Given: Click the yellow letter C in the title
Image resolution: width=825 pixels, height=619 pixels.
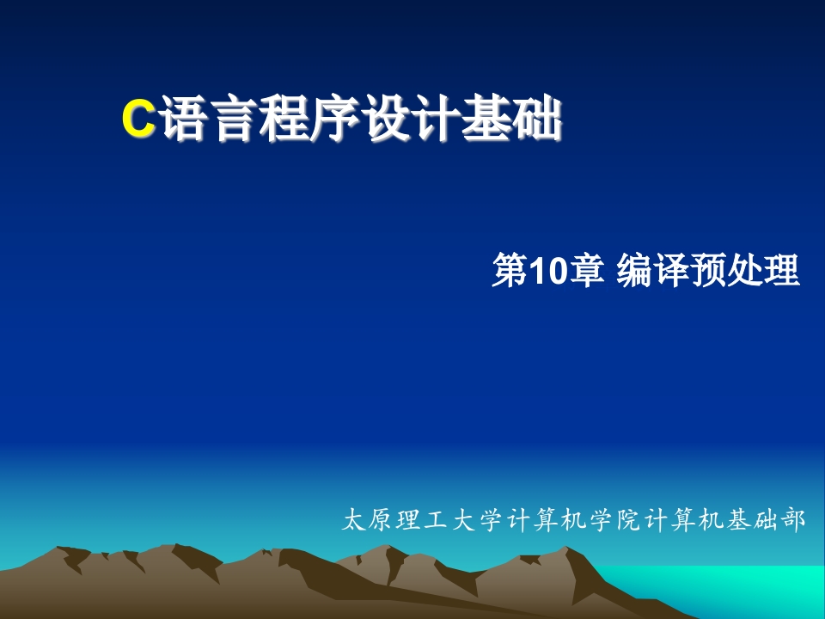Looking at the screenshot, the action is (138, 118).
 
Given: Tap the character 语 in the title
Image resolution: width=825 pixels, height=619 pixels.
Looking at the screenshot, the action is (184, 118).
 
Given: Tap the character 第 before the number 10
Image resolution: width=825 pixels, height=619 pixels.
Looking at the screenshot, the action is (510, 271).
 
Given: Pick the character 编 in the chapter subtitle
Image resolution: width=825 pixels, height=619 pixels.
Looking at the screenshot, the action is (634, 271).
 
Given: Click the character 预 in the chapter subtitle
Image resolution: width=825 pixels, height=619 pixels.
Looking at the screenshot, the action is (708, 271).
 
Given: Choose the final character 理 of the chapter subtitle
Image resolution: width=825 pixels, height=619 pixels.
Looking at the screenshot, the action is (782, 271).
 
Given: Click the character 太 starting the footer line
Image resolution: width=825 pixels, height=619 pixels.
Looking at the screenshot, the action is (353, 520).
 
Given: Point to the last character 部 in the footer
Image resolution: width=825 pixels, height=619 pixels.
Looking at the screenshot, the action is (793, 520).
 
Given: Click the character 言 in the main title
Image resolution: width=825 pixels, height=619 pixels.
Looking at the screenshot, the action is (234, 118).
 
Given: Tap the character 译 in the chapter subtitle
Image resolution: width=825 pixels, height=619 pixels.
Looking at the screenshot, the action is (671, 271).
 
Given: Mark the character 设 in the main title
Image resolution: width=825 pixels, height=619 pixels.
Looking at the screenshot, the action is (386, 118).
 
